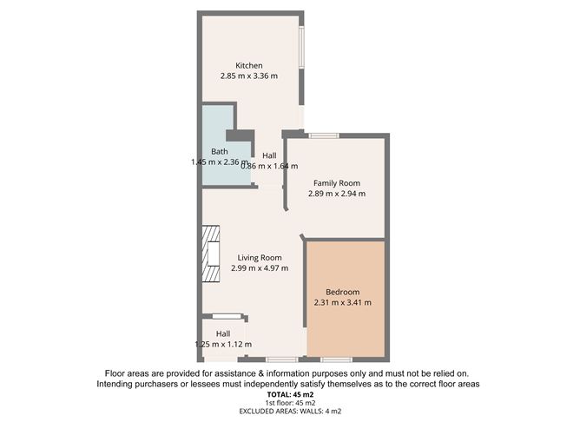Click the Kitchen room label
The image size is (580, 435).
click(248, 65)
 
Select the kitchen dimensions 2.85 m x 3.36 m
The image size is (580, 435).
click(248, 76)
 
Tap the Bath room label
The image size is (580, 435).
click(219, 151)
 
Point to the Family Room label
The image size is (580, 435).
click(336, 183)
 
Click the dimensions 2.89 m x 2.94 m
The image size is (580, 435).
click(336, 194)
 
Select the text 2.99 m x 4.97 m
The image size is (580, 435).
click(260, 268)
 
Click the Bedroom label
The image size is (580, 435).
click(342, 292)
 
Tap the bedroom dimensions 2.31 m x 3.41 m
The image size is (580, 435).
click(342, 303)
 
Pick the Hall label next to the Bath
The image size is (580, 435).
click(269, 155)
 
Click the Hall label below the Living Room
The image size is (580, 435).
click(223, 333)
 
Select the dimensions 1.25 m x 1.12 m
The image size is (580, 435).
click(223, 345)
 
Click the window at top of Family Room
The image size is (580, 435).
click(324, 135)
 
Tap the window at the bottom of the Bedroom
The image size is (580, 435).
click(335, 359)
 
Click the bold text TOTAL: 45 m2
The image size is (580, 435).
click(289, 394)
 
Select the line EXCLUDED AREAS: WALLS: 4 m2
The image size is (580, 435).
click(289, 412)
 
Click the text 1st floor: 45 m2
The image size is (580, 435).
click(289, 404)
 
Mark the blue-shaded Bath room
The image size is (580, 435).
click(217, 170)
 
